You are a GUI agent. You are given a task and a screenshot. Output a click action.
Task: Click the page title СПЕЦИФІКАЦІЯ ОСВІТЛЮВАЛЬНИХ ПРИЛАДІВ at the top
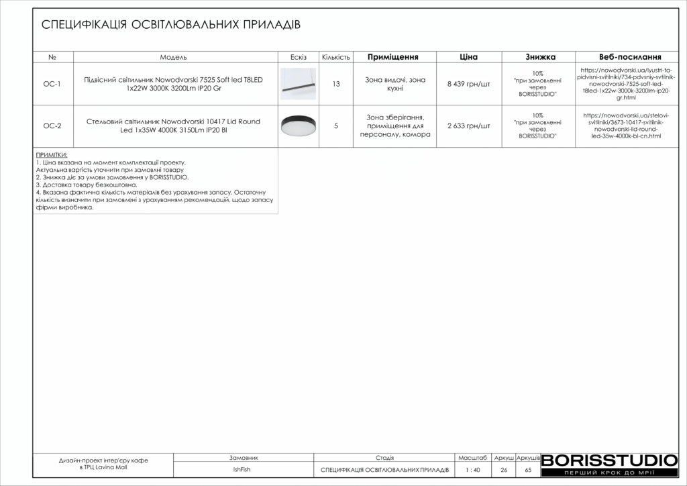point(171,25)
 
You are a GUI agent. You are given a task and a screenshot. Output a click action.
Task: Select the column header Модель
point(173,57)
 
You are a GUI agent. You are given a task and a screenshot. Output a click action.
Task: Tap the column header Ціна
point(468,57)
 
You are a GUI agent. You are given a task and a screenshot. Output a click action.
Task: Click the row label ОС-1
point(52,84)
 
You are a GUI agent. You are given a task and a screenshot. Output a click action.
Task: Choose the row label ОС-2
point(52,126)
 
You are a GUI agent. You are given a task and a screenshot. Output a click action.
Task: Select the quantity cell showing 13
point(336,84)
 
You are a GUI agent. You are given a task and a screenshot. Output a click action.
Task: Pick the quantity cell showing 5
point(336,126)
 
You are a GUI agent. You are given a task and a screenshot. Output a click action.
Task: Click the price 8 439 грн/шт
point(468,84)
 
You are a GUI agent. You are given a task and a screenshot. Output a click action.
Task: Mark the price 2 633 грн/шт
point(468,126)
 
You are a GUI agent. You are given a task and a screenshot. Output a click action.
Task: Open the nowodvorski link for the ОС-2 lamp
point(621,126)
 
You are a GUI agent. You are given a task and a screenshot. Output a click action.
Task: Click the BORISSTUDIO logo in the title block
point(609,460)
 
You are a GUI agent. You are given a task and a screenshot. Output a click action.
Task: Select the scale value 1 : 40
point(472,470)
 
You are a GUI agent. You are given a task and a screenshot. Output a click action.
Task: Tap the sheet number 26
point(503,470)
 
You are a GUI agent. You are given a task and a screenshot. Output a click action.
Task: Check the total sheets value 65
point(528,470)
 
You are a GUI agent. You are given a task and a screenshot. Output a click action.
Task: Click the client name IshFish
point(242,470)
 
